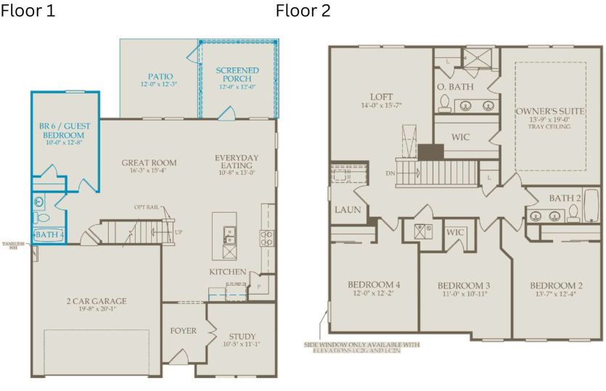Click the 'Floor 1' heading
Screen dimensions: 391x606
click(28, 11)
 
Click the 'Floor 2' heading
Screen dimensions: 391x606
click(303, 11)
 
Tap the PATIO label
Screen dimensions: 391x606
click(160, 76)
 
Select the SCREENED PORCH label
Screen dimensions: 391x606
click(237, 75)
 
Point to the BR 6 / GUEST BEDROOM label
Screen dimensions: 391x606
click(65, 131)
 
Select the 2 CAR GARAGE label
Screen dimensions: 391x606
click(96, 301)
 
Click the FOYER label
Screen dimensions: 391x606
click(183, 331)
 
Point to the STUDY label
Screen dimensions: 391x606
click(242, 337)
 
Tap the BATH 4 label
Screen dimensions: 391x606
click(49, 235)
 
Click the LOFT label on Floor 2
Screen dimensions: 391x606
click(381, 96)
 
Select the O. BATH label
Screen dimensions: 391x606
click(455, 86)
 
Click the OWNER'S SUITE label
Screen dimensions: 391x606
click(550, 112)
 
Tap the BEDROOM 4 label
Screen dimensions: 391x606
click(374, 284)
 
